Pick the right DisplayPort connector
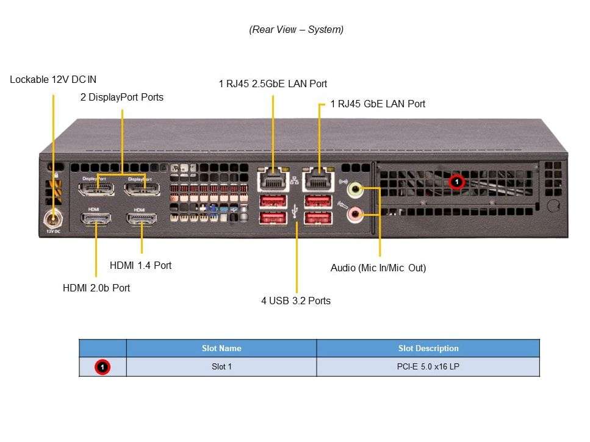(x=142, y=187)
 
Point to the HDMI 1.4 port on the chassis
(x=142, y=221)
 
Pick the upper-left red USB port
(x=273, y=201)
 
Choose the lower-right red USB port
(x=317, y=218)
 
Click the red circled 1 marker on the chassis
(x=456, y=182)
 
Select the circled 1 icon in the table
(x=103, y=367)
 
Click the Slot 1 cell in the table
(x=221, y=367)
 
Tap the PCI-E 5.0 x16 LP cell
(x=428, y=367)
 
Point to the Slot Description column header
(x=428, y=349)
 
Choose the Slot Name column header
(x=221, y=349)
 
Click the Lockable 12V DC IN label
(x=53, y=79)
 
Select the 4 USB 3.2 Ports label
(x=296, y=301)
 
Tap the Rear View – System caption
(x=296, y=29)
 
